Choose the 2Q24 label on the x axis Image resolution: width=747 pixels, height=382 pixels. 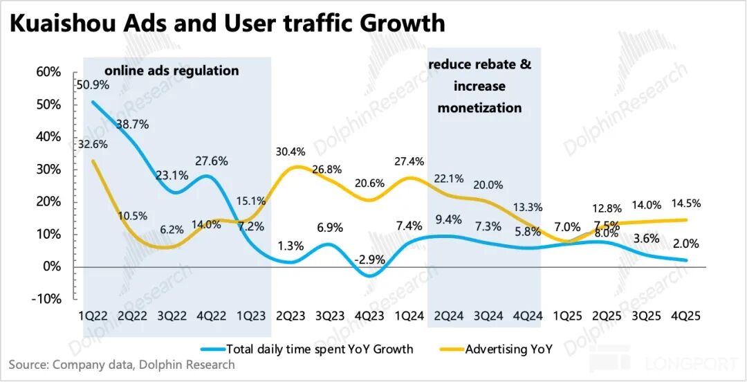[449, 316]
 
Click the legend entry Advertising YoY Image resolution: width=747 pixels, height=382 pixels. [509, 349]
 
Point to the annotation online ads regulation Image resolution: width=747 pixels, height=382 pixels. [172, 71]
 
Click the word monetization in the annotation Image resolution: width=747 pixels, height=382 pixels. [479, 108]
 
